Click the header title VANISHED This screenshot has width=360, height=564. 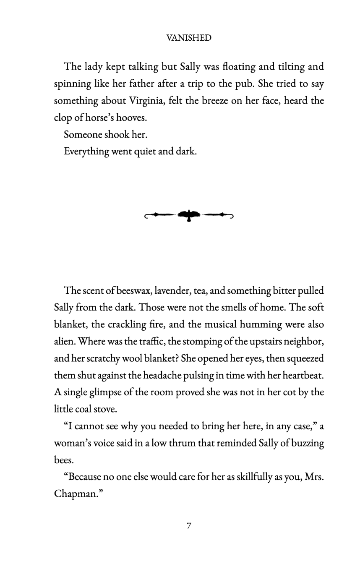coord(189,38)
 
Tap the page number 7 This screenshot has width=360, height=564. coord(189,525)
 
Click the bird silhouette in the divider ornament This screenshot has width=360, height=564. coord(189,215)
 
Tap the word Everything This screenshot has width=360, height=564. coord(86,151)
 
